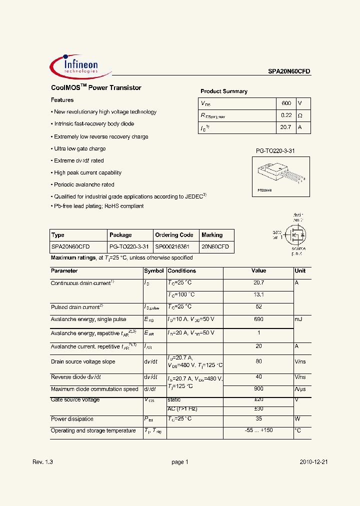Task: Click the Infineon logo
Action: pos(80,66)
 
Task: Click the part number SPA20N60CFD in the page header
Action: pos(288,71)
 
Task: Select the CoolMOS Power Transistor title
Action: pos(96,88)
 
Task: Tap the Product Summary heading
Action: pos(224,91)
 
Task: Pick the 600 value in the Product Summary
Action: pos(286,103)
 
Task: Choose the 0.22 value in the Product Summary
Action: pos(286,115)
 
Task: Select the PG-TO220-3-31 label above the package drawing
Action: pos(275,150)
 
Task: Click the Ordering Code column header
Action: pos(174,235)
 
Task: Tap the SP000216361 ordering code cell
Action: pos(172,247)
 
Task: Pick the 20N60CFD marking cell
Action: pos(215,247)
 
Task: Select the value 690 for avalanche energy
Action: pos(258,319)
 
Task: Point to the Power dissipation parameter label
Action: pos(72,419)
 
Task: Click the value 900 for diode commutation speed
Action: pos(258,389)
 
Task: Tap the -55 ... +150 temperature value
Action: pos(258,430)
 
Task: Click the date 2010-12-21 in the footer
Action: pos(313,462)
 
